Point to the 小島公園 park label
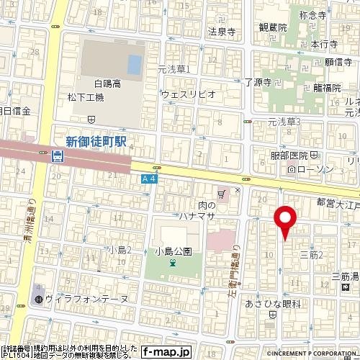point(173,251)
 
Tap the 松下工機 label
point(105,96)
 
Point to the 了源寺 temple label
point(257,83)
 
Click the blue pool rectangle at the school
point(135,65)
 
